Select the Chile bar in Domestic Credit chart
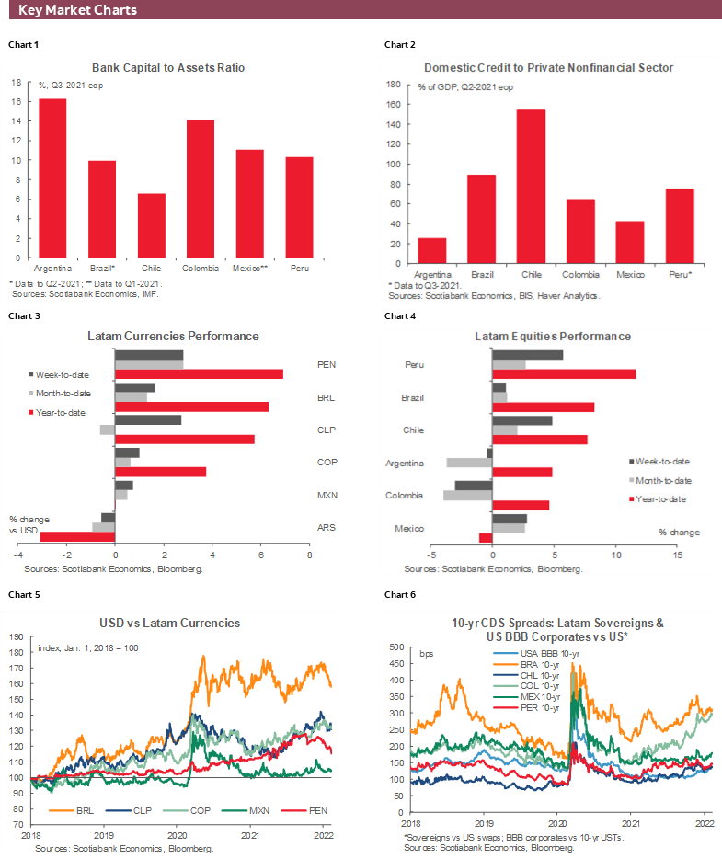click(x=531, y=186)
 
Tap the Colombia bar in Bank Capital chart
click(x=200, y=189)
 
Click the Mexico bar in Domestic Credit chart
click(x=629, y=242)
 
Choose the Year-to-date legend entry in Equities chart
click(x=659, y=499)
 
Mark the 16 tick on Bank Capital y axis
click(x=16, y=101)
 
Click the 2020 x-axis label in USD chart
click(x=177, y=836)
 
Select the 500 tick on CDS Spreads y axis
click(x=397, y=647)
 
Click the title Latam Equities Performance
click(x=552, y=337)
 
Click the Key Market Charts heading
click(x=77, y=10)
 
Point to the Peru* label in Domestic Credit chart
click(x=680, y=274)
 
